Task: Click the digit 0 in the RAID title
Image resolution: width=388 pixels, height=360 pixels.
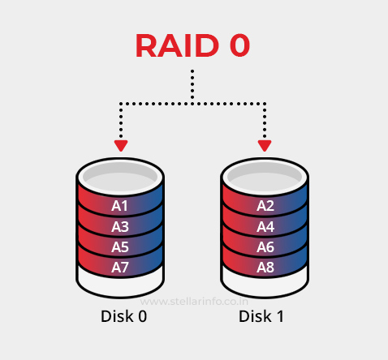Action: tap(235, 46)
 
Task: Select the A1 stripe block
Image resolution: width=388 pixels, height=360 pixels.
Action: tap(120, 206)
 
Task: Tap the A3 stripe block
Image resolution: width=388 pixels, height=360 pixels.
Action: tap(120, 226)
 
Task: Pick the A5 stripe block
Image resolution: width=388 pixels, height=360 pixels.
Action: tap(120, 246)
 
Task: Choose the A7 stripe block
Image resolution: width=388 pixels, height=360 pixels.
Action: tap(120, 267)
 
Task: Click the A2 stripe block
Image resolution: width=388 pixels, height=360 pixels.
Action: tap(265, 206)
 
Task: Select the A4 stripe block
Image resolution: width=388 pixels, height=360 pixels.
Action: tap(265, 226)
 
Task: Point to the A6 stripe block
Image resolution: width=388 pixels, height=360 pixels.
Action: tap(265, 246)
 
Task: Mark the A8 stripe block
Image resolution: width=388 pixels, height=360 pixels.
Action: tap(265, 267)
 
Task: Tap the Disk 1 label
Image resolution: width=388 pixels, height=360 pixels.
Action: tap(261, 316)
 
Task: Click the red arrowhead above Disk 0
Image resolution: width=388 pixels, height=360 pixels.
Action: tap(120, 146)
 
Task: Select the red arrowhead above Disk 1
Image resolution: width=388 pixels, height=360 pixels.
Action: tap(265, 146)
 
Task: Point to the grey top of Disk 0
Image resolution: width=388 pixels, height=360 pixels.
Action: tap(120, 174)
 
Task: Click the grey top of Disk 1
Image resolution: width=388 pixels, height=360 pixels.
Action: tap(265, 174)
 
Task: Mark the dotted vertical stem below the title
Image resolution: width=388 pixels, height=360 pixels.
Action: tap(192, 85)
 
